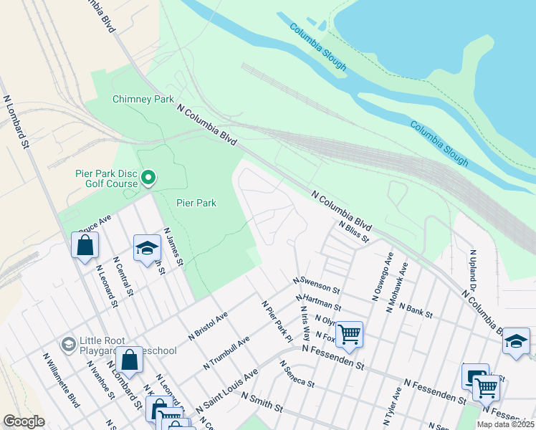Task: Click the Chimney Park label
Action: (143, 99)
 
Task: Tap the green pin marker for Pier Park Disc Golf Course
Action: (148, 176)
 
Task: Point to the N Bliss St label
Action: (354, 230)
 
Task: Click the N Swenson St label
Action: (315, 283)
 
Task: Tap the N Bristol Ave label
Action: (208, 325)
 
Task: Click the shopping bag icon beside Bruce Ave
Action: (85, 245)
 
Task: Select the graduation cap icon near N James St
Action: (147, 247)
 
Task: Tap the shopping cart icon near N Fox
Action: (349, 333)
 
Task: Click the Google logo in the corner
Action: (24, 421)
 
